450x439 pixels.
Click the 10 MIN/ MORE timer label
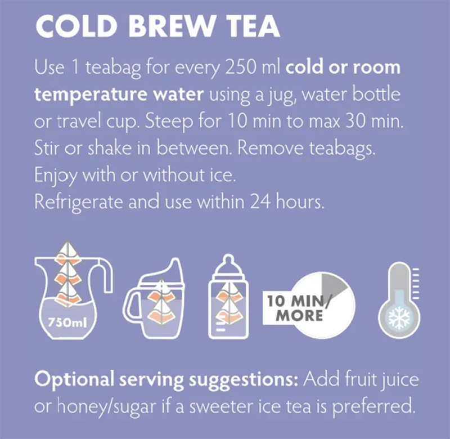[298, 307]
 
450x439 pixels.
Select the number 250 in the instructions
[235, 69]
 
